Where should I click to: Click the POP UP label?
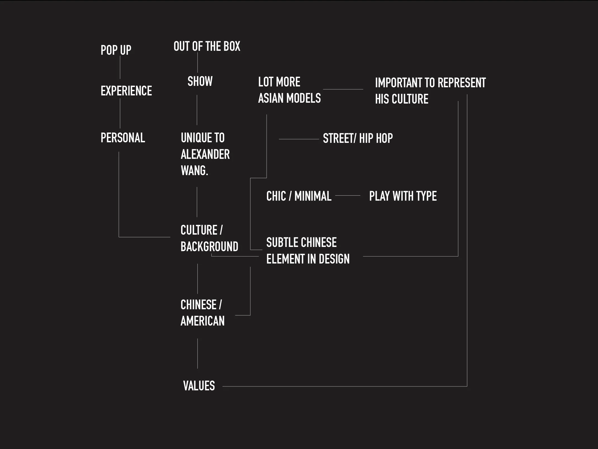[116, 50]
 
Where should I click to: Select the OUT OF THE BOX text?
[207, 46]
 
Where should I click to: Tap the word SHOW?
[200, 81]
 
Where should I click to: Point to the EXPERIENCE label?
[126, 91]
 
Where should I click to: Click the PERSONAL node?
[123, 138]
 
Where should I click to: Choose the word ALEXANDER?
[205, 154]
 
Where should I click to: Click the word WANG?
[194, 171]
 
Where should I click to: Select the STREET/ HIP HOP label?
[358, 138]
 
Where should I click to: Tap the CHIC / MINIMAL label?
[299, 196]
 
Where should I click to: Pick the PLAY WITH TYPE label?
[403, 196]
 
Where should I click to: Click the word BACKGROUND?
[209, 247]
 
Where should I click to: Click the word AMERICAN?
[202, 321]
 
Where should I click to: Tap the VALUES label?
[199, 386]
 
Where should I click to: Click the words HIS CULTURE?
[401, 99]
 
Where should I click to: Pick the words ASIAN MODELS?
[289, 98]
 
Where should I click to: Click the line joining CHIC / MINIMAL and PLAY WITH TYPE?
[348, 196]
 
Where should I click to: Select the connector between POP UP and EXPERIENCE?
[120, 67]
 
